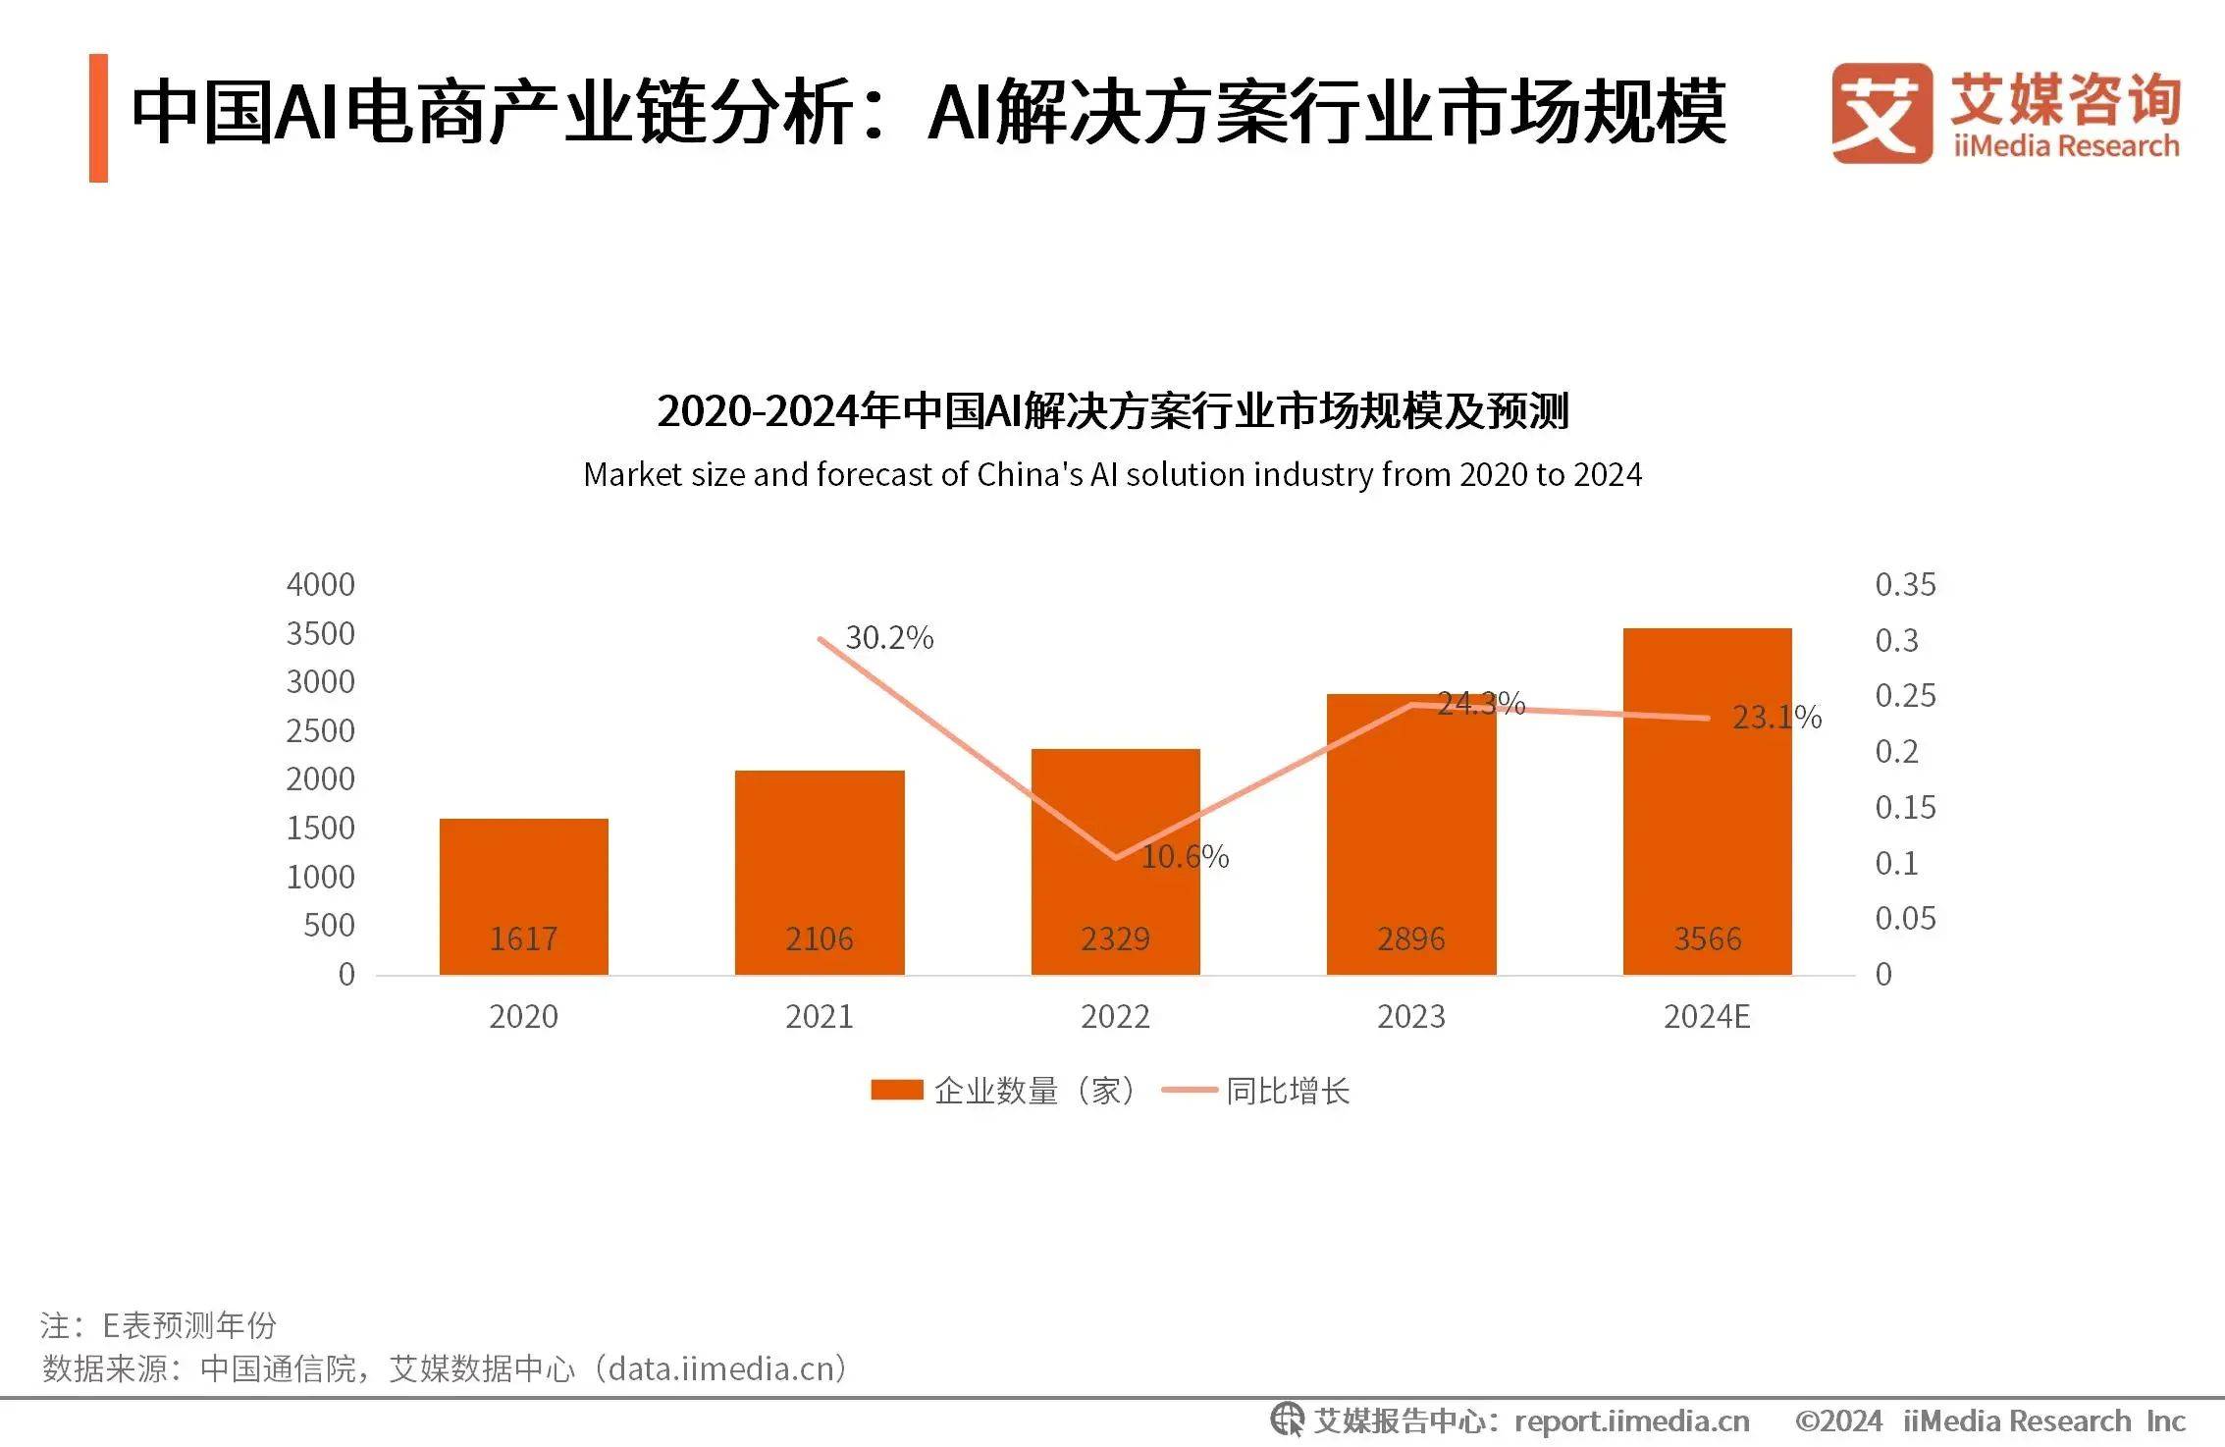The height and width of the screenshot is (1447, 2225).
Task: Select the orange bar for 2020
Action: pyautogui.click(x=523, y=884)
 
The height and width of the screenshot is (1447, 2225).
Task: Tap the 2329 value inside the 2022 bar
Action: pyautogui.click(x=1115, y=939)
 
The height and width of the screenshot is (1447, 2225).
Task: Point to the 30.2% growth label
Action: pyautogui.click(x=889, y=638)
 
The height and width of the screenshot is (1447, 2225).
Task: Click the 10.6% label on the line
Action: pyautogui.click(x=1185, y=857)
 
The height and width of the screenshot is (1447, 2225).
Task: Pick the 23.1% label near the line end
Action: pyautogui.click(x=1776, y=718)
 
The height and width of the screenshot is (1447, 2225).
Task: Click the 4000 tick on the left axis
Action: pyautogui.click(x=320, y=585)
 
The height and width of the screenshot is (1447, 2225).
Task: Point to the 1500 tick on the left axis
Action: pyautogui.click(x=320, y=829)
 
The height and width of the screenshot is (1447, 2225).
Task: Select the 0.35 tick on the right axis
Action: pyautogui.click(x=1905, y=585)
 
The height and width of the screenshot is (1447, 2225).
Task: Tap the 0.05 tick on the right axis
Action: pyautogui.click(x=1905, y=919)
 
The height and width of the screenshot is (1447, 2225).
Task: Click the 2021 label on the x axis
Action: pyautogui.click(x=820, y=1017)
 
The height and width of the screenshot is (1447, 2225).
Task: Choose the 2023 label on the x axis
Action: pyautogui.click(x=1411, y=1017)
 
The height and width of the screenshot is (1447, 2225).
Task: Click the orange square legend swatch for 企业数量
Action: pyautogui.click(x=896, y=1091)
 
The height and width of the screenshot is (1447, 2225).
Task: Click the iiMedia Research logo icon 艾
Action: pyautogui.click(x=1881, y=113)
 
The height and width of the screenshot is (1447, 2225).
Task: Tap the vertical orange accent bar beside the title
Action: pyautogui.click(x=98, y=118)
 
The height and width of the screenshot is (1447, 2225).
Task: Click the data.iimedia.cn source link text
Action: pyautogui.click(x=726, y=1368)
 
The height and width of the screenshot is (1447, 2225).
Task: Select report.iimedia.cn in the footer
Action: pyautogui.click(x=1631, y=1421)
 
